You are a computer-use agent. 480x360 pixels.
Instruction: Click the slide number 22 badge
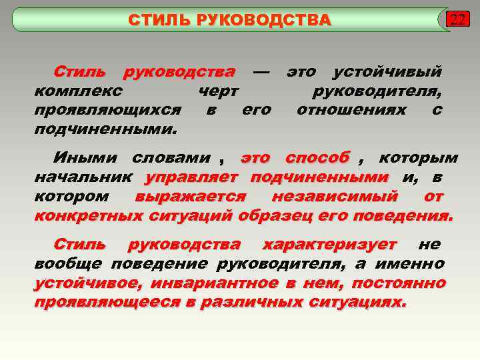coord(457,19)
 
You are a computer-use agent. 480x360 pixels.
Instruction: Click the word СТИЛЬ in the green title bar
coord(159,20)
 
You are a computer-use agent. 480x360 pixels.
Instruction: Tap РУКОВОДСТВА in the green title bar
coord(262,20)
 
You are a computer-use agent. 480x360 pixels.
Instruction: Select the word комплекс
coord(78,91)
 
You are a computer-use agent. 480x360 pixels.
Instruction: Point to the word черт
coord(219,91)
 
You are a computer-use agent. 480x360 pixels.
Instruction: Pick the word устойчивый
coord(387,71)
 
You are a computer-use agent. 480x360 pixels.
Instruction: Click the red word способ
coord(317,158)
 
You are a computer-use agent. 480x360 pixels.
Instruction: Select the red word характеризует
coord(330,245)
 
